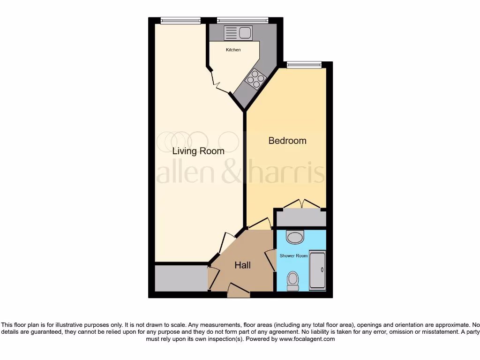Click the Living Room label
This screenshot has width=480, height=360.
tap(198, 151)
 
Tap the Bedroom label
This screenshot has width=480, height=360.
tap(287, 141)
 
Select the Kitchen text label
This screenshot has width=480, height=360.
tap(233, 50)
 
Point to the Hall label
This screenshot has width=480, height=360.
tap(242, 265)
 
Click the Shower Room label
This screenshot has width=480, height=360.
tap(293, 255)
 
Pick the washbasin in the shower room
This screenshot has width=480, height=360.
tap(295, 237)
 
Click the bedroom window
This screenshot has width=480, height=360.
tap(304, 65)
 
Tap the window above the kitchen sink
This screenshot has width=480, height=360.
tap(242, 20)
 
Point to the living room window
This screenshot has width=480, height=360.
tap(180, 20)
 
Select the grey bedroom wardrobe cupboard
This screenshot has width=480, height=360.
tap(300, 217)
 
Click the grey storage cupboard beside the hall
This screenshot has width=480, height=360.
tap(181, 278)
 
